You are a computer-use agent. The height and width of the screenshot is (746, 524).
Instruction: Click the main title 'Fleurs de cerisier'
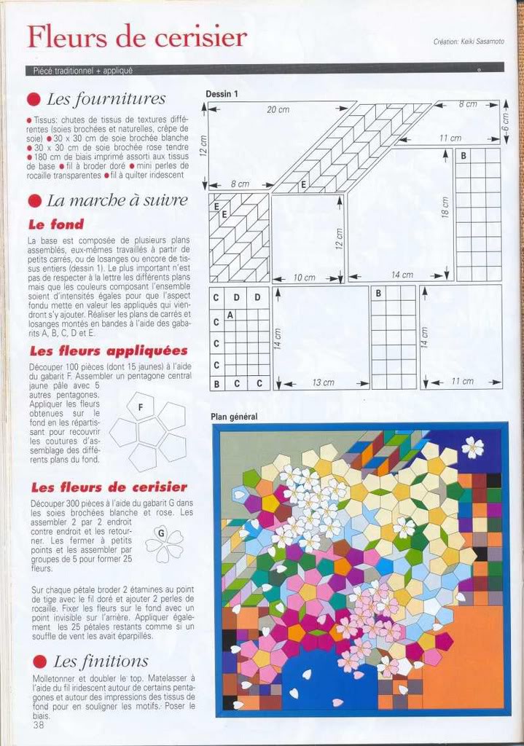[137, 36]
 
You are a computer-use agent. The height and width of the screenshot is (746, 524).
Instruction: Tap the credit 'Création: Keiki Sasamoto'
[468, 42]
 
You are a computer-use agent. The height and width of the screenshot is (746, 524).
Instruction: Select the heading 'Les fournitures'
[106, 99]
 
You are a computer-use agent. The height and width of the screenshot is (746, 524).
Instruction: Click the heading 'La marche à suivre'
[117, 200]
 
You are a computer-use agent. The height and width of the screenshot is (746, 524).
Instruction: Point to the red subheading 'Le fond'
[56, 224]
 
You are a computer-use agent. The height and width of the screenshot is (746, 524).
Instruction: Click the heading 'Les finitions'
[101, 661]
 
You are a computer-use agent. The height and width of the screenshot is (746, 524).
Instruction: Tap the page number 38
[38, 724]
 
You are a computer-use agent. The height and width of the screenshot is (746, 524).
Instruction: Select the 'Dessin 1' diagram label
[222, 94]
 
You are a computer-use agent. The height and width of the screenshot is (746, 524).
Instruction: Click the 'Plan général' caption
[234, 417]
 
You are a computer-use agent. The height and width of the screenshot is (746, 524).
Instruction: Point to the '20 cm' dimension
[278, 109]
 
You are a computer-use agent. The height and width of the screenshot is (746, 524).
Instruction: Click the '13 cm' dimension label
[323, 382]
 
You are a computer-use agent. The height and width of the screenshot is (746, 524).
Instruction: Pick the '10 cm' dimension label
[305, 278]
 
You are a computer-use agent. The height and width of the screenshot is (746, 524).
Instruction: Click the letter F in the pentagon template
[140, 407]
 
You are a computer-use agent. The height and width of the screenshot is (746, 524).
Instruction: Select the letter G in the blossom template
[160, 533]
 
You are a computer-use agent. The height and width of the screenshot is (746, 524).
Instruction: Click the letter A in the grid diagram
[230, 315]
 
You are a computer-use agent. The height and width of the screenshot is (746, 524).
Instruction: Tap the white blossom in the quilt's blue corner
[472, 447]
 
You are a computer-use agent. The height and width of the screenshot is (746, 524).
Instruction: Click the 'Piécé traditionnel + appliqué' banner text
[82, 71]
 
